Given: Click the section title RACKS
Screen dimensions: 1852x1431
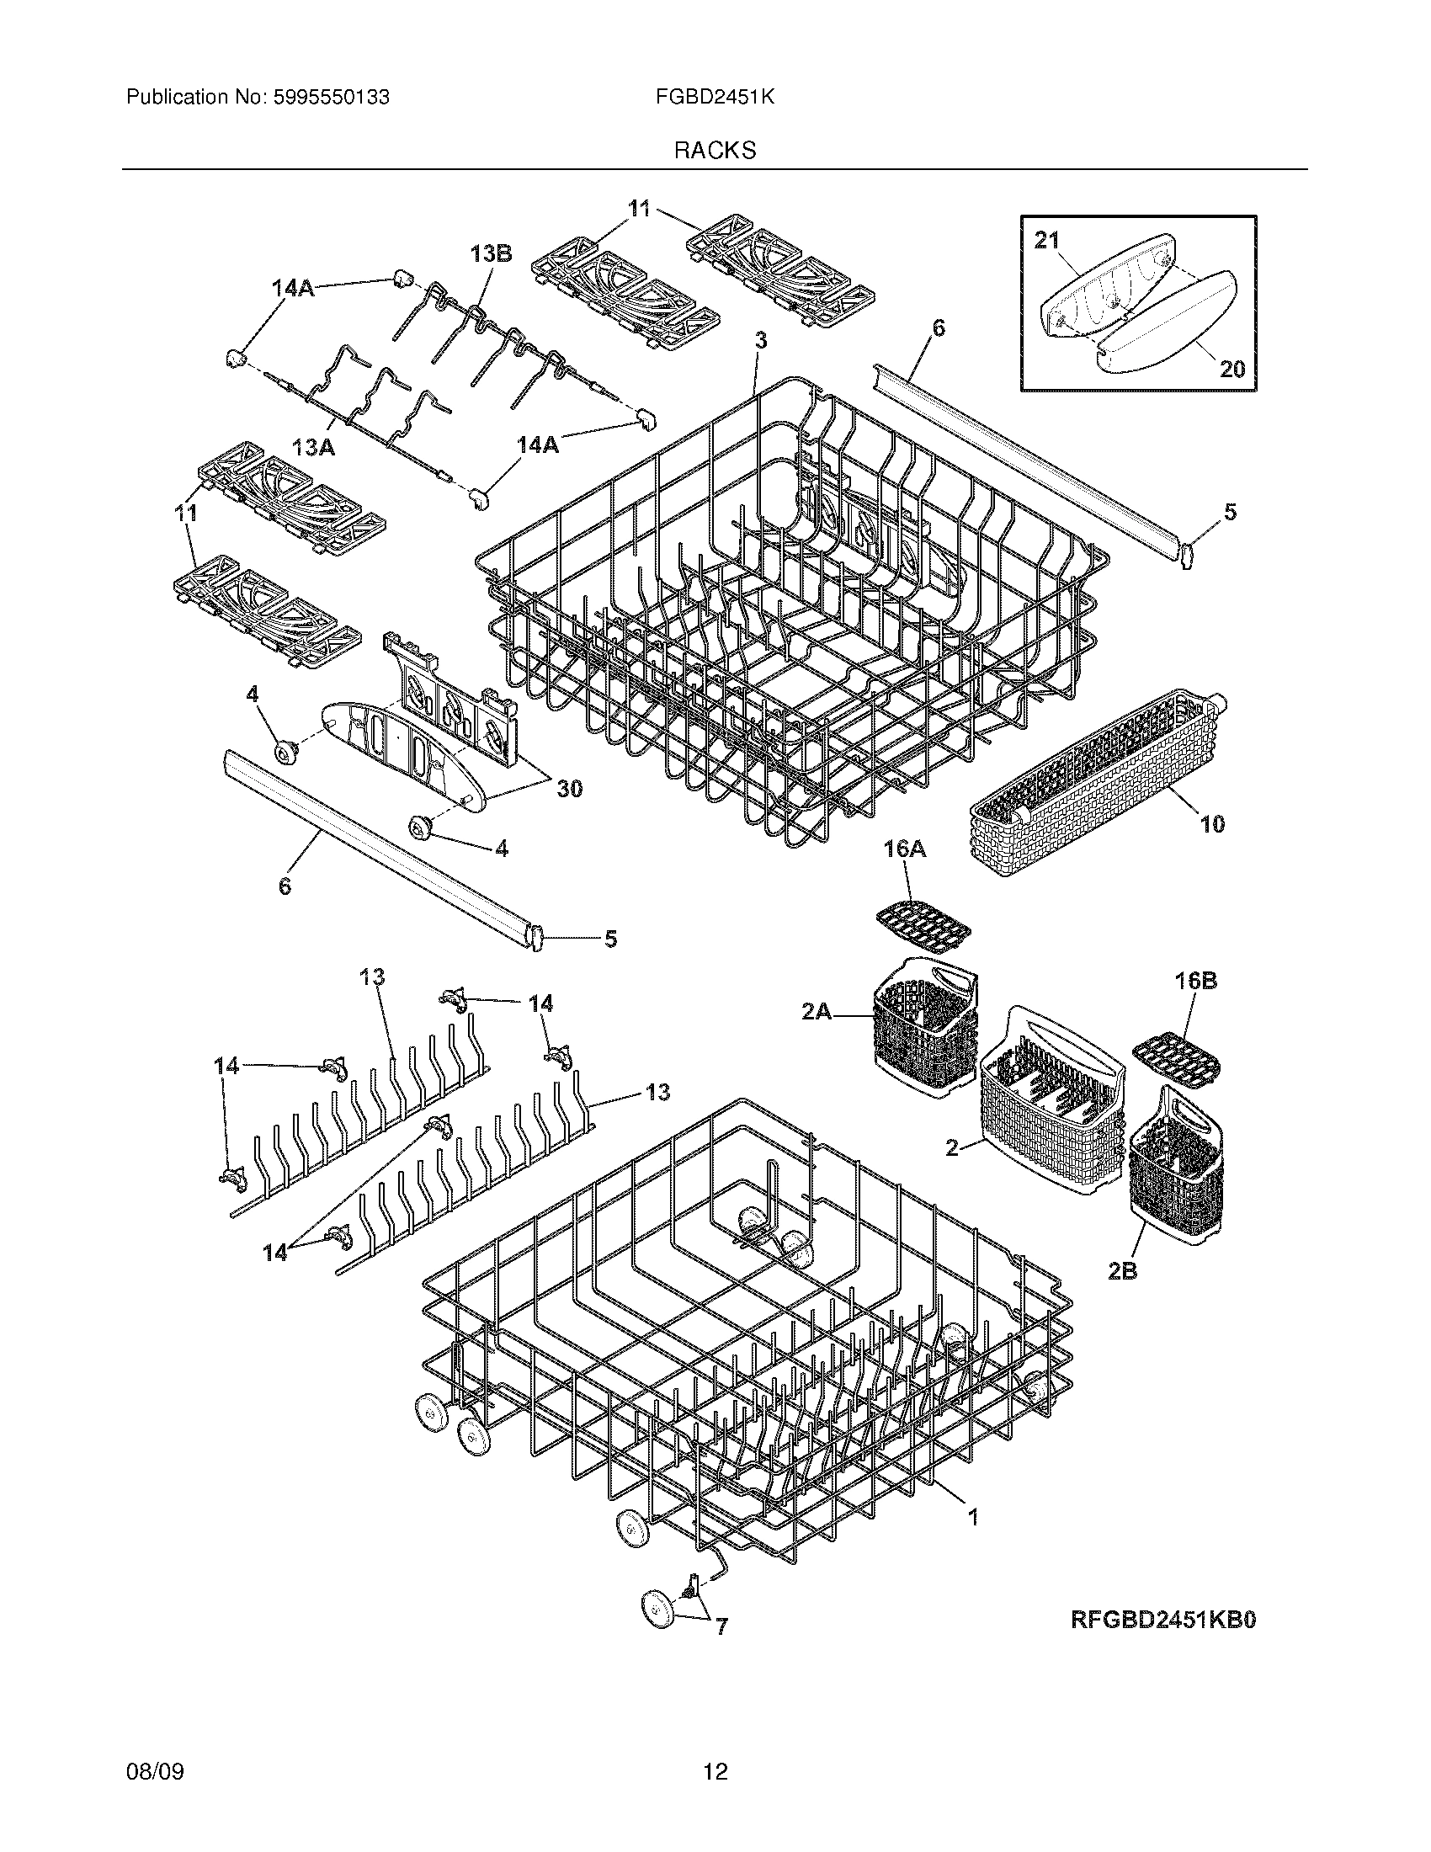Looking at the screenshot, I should [x=715, y=151].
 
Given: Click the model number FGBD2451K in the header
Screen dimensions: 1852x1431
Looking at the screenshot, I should [x=715, y=98].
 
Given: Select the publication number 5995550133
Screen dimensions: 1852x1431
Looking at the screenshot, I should [x=332, y=98].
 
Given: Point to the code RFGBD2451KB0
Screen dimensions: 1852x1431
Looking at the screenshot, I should [x=1163, y=1620].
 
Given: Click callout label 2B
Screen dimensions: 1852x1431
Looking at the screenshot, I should [x=1121, y=1296].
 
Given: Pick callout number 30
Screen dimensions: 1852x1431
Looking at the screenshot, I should [x=569, y=789].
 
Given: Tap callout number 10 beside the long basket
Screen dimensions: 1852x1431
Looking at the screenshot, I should [x=1212, y=823].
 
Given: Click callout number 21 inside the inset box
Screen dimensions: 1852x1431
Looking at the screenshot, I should [x=1047, y=241].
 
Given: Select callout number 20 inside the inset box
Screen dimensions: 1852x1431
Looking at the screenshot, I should [x=1232, y=368].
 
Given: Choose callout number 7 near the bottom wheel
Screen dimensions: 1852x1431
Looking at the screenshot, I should [x=721, y=1627].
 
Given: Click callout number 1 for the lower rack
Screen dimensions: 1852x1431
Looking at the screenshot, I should [x=973, y=1516].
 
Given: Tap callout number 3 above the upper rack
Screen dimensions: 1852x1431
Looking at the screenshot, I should [x=760, y=340].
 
